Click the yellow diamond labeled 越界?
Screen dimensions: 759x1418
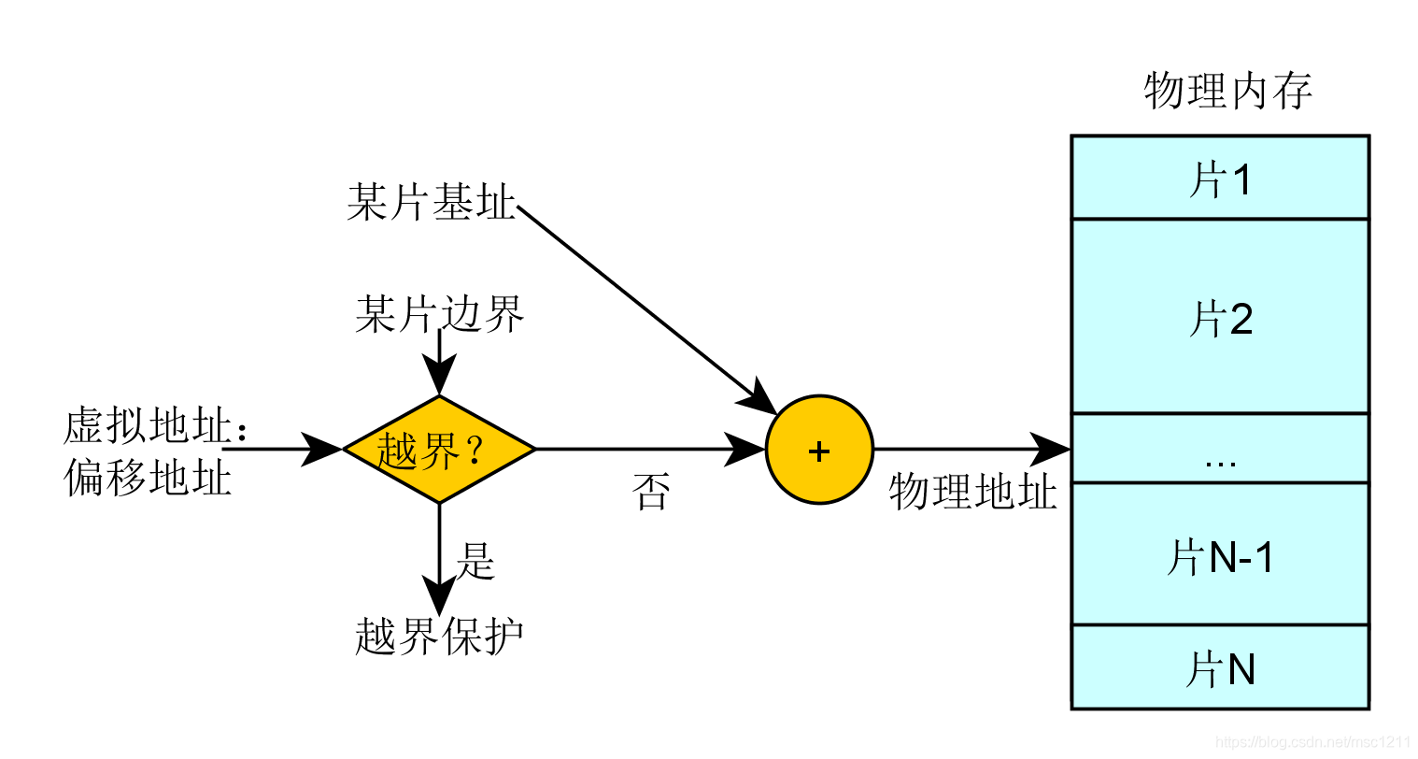click(x=439, y=450)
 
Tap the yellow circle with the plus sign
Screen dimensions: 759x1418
click(x=819, y=451)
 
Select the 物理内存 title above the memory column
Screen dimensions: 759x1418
click(x=1227, y=91)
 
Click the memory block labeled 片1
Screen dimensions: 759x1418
click(x=1220, y=178)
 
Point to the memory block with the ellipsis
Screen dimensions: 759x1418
click(x=1220, y=449)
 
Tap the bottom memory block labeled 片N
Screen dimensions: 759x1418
click(x=1220, y=667)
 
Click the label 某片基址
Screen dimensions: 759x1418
click(x=431, y=202)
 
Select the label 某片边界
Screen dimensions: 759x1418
click(x=439, y=315)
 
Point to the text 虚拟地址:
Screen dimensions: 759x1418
click(x=155, y=427)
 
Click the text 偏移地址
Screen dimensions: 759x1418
click(x=148, y=478)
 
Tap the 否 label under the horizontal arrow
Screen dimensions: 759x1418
click(x=651, y=492)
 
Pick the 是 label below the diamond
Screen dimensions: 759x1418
click(x=475, y=561)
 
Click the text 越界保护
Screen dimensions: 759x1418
click(x=439, y=637)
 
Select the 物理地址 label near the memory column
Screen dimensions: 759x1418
click(x=972, y=492)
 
